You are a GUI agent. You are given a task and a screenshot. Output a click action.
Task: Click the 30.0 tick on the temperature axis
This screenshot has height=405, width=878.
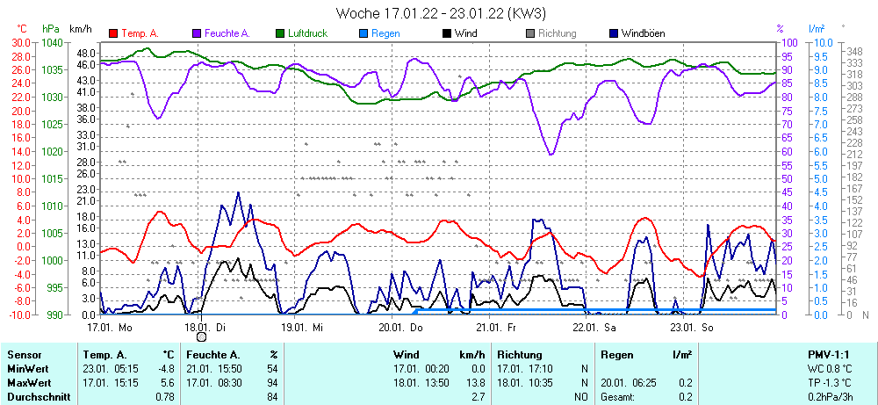19,42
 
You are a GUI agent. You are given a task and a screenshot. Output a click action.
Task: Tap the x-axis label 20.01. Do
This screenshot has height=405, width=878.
401,327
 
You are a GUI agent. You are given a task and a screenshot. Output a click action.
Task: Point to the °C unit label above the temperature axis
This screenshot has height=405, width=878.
22,29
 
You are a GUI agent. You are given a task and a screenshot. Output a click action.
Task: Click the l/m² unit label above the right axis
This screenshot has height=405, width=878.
816,29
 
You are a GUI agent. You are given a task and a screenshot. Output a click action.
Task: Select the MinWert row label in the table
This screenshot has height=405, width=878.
29,369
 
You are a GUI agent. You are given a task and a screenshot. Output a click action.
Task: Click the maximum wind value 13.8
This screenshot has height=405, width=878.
474,383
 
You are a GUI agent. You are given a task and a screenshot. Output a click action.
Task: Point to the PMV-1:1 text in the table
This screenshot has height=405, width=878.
831,355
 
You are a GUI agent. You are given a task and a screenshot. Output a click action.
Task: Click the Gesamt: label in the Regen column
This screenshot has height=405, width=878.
617,397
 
